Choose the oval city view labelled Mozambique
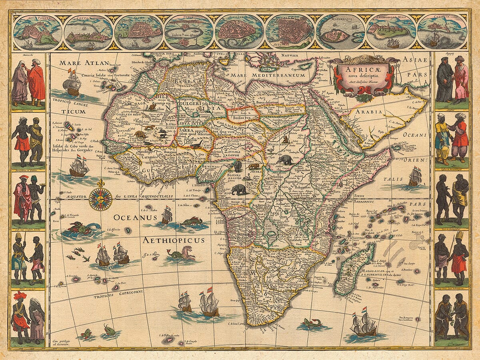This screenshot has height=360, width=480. (x=340, y=32)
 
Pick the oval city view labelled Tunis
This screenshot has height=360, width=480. (x=189, y=32)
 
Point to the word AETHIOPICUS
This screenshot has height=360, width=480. (x=173, y=240)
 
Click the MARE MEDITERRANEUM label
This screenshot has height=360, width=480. (x=274, y=75)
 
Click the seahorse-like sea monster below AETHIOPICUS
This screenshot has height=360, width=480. (x=182, y=254)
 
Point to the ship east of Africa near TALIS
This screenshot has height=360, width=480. (x=415, y=176)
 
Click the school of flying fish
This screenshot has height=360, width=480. (x=78, y=254)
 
